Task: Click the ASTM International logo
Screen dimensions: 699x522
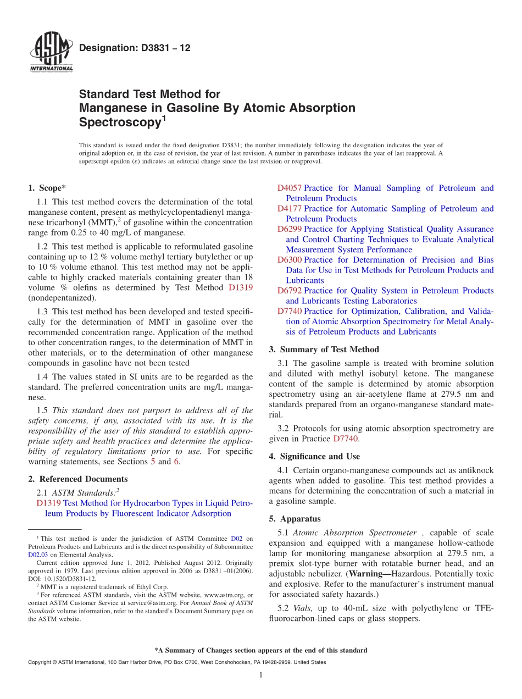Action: tap(51, 52)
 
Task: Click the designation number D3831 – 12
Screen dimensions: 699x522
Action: tap(135, 48)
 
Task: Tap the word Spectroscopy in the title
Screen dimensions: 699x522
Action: tap(119, 123)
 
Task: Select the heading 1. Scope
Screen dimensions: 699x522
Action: tap(47, 188)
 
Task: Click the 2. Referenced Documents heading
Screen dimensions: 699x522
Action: tap(77, 479)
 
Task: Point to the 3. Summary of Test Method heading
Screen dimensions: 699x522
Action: tap(324, 349)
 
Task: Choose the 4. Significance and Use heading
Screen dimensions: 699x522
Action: tap(314, 456)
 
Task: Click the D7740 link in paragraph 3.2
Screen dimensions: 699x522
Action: tap(346, 439)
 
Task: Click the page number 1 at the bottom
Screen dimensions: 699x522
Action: tap(261, 675)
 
